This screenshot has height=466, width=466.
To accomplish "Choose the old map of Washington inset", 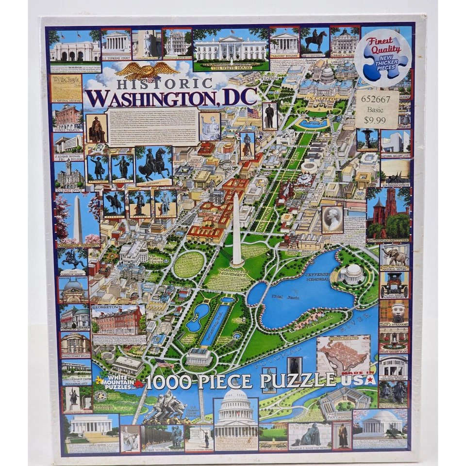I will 343,354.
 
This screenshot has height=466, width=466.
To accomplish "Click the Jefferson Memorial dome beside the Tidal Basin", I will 352,272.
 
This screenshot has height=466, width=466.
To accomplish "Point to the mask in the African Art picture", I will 394,312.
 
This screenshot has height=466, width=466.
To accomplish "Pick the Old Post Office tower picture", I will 69,175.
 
